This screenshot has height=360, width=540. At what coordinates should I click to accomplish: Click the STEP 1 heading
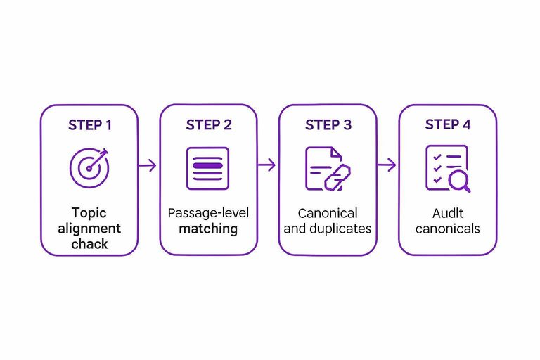click(89, 125)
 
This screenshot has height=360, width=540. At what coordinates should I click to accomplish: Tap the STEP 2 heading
click(209, 125)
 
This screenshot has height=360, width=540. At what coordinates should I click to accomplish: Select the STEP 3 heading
click(328, 125)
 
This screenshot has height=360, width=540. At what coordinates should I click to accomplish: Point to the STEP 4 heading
click(448, 125)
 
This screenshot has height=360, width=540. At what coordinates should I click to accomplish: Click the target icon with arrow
click(89, 167)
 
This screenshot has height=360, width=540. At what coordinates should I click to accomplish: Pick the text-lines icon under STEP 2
click(207, 167)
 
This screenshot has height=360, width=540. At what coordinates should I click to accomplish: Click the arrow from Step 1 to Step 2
click(148, 166)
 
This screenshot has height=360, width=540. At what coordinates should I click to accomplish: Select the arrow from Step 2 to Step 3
click(267, 166)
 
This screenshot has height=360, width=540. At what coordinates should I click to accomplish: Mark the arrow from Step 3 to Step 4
click(387, 166)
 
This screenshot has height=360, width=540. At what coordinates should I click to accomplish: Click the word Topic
click(89, 213)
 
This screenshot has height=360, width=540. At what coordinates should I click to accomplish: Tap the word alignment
click(89, 229)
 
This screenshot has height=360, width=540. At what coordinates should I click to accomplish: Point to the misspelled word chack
click(89, 243)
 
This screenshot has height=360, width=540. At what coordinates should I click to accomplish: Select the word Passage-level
click(208, 213)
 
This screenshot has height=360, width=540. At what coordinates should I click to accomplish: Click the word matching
click(208, 229)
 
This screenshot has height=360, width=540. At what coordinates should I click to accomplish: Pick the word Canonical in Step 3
click(328, 213)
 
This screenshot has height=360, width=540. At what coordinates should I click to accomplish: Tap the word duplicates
click(340, 229)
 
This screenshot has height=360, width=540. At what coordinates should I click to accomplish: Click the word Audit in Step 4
click(447, 213)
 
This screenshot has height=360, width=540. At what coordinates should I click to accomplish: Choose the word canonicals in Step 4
click(447, 229)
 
